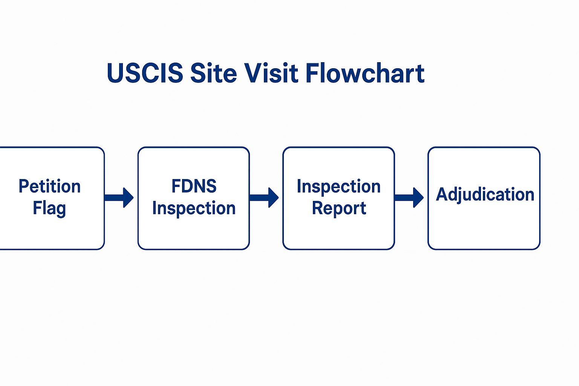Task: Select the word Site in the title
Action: tap(213, 73)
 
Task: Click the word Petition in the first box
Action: tap(50, 186)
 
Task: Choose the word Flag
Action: tap(49, 208)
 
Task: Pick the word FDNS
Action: tap(194, 186)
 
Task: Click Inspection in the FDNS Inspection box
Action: tap(194, 208)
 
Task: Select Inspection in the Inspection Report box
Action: tap(339, 186)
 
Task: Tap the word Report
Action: tap(339, 208)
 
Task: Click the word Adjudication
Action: tap(485, 195)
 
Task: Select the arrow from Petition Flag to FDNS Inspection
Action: tap(119, 198)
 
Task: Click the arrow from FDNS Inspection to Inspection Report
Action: tap(264, 198)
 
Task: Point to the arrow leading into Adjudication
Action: tap(409, 198)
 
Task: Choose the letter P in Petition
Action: tap(23, 186)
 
